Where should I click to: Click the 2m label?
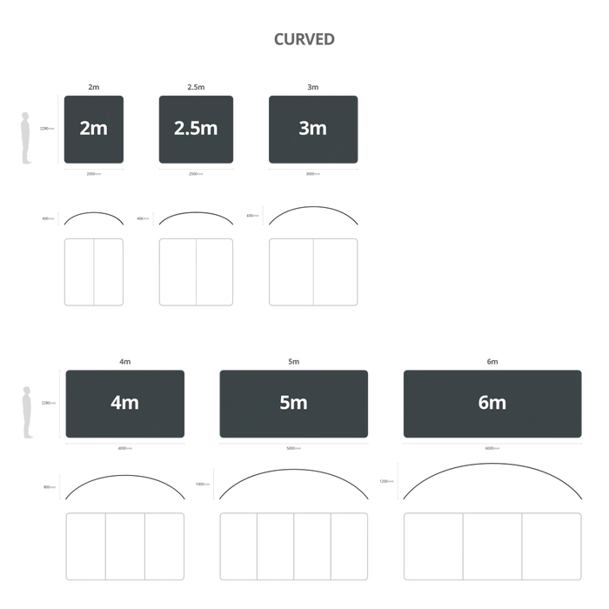coord(93,129)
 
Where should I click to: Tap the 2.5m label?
coord(196,129)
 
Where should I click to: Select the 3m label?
coord(312,129)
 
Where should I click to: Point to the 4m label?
coord(124,403)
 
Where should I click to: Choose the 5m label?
coord(294,403)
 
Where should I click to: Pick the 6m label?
coord(492,403)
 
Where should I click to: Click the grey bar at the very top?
coord(305,38)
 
